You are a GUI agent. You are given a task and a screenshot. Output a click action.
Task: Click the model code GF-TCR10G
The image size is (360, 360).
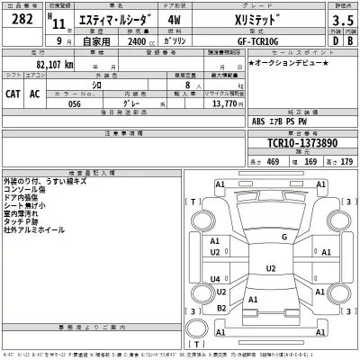[x=255, y=40]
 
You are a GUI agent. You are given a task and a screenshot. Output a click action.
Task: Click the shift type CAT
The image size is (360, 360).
[x=15, y=93]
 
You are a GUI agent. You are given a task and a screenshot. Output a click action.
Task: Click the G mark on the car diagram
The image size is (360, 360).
[x=284, y=237]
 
